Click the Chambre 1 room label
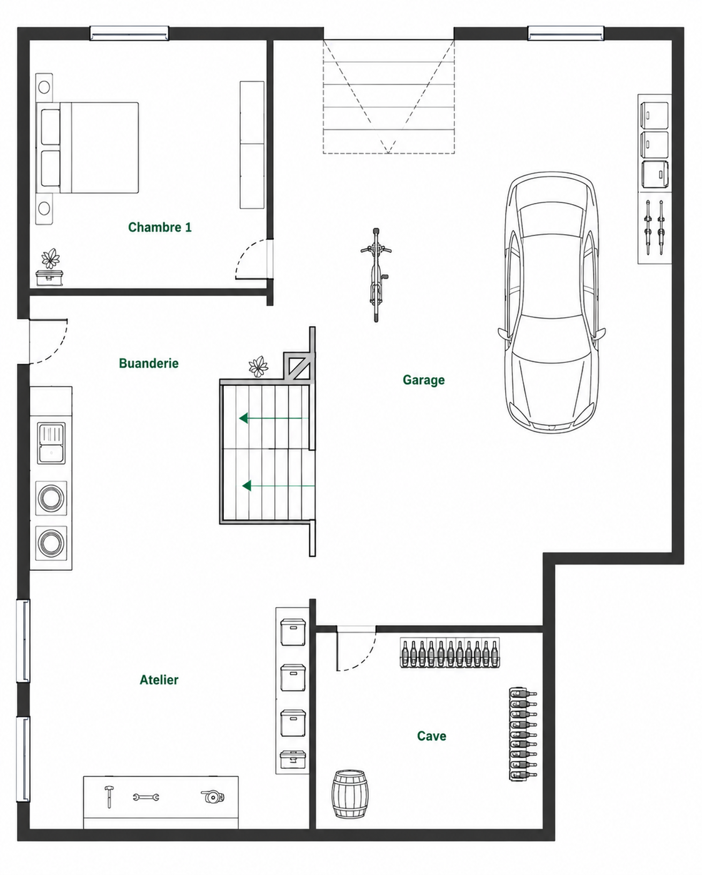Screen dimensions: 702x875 [x=159, y=227]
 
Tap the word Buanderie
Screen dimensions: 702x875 [x=149, y=363]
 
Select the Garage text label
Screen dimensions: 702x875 [x=424, y=380]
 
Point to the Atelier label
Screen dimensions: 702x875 [x=159, y=680]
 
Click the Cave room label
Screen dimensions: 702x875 [x=431, y=736]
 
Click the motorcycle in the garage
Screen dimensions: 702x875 [x=376, y=275]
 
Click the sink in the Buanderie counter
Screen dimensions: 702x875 [x=51, y=443]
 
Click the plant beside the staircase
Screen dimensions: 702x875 [x=258, y=367]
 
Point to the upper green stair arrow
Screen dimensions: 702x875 [x=274, y=418]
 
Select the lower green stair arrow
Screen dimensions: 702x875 [x=278, y=485]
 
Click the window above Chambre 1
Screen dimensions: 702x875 [x=129, y=33]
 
